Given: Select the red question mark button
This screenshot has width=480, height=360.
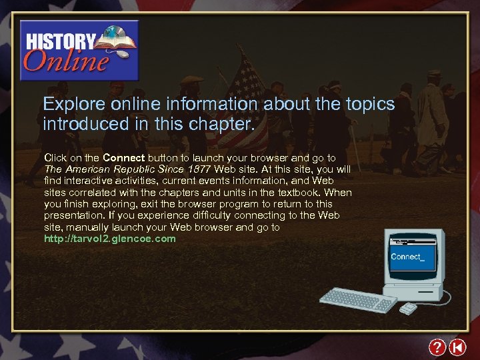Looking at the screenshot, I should [x=437, y=347].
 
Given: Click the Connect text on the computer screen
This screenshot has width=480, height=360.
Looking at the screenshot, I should [x=407, y=257].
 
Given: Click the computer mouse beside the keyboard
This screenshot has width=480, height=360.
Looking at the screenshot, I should [x=407, y=308].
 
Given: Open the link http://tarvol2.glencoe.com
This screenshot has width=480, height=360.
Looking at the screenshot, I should [x=110, y=239].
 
